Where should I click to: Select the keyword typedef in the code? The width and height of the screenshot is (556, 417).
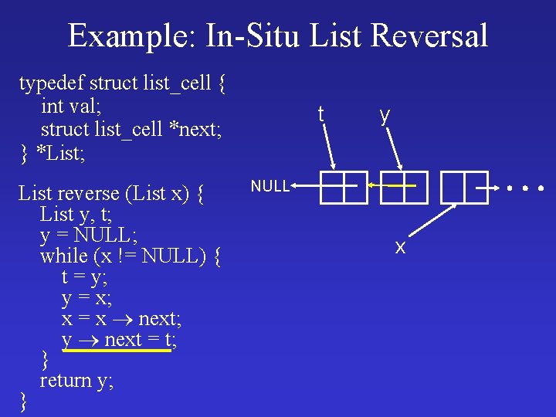52,82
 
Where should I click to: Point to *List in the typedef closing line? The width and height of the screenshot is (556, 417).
62,152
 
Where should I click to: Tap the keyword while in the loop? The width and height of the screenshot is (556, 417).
63,255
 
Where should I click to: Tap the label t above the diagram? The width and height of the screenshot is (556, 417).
320,114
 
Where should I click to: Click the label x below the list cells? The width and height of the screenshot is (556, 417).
400,247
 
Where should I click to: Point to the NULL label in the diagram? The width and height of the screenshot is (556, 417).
270,186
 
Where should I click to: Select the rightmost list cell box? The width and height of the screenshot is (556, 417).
465,188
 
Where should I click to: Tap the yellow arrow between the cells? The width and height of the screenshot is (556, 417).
392,185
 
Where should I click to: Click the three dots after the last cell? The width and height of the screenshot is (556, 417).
525,188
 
